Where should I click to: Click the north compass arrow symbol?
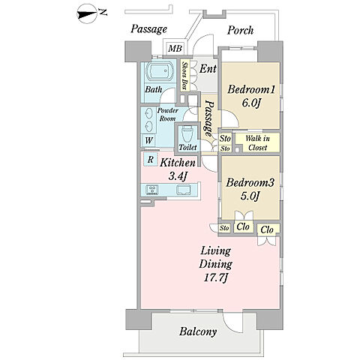coord(87,14)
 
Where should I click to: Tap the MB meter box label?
coord(175,48)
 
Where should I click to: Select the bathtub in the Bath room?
coord(159,71)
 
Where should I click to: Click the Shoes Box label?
coord(185,76)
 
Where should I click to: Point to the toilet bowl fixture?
coord(187,133)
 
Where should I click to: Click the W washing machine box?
coord(148,140)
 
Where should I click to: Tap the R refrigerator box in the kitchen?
coord(150,159)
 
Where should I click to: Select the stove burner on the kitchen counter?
coord(152,190)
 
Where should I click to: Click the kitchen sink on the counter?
coord(184,190)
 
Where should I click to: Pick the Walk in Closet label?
coord(257,143)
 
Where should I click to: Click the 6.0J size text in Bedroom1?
coord(251,103)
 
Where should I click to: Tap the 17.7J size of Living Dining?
coord(215,278)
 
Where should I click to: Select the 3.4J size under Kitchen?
coord(178,176)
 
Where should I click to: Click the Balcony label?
coord(198,331)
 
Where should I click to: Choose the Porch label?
coord(240,30)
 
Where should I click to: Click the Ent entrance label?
coord(208,68)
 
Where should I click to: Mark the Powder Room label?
coord(167,114)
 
